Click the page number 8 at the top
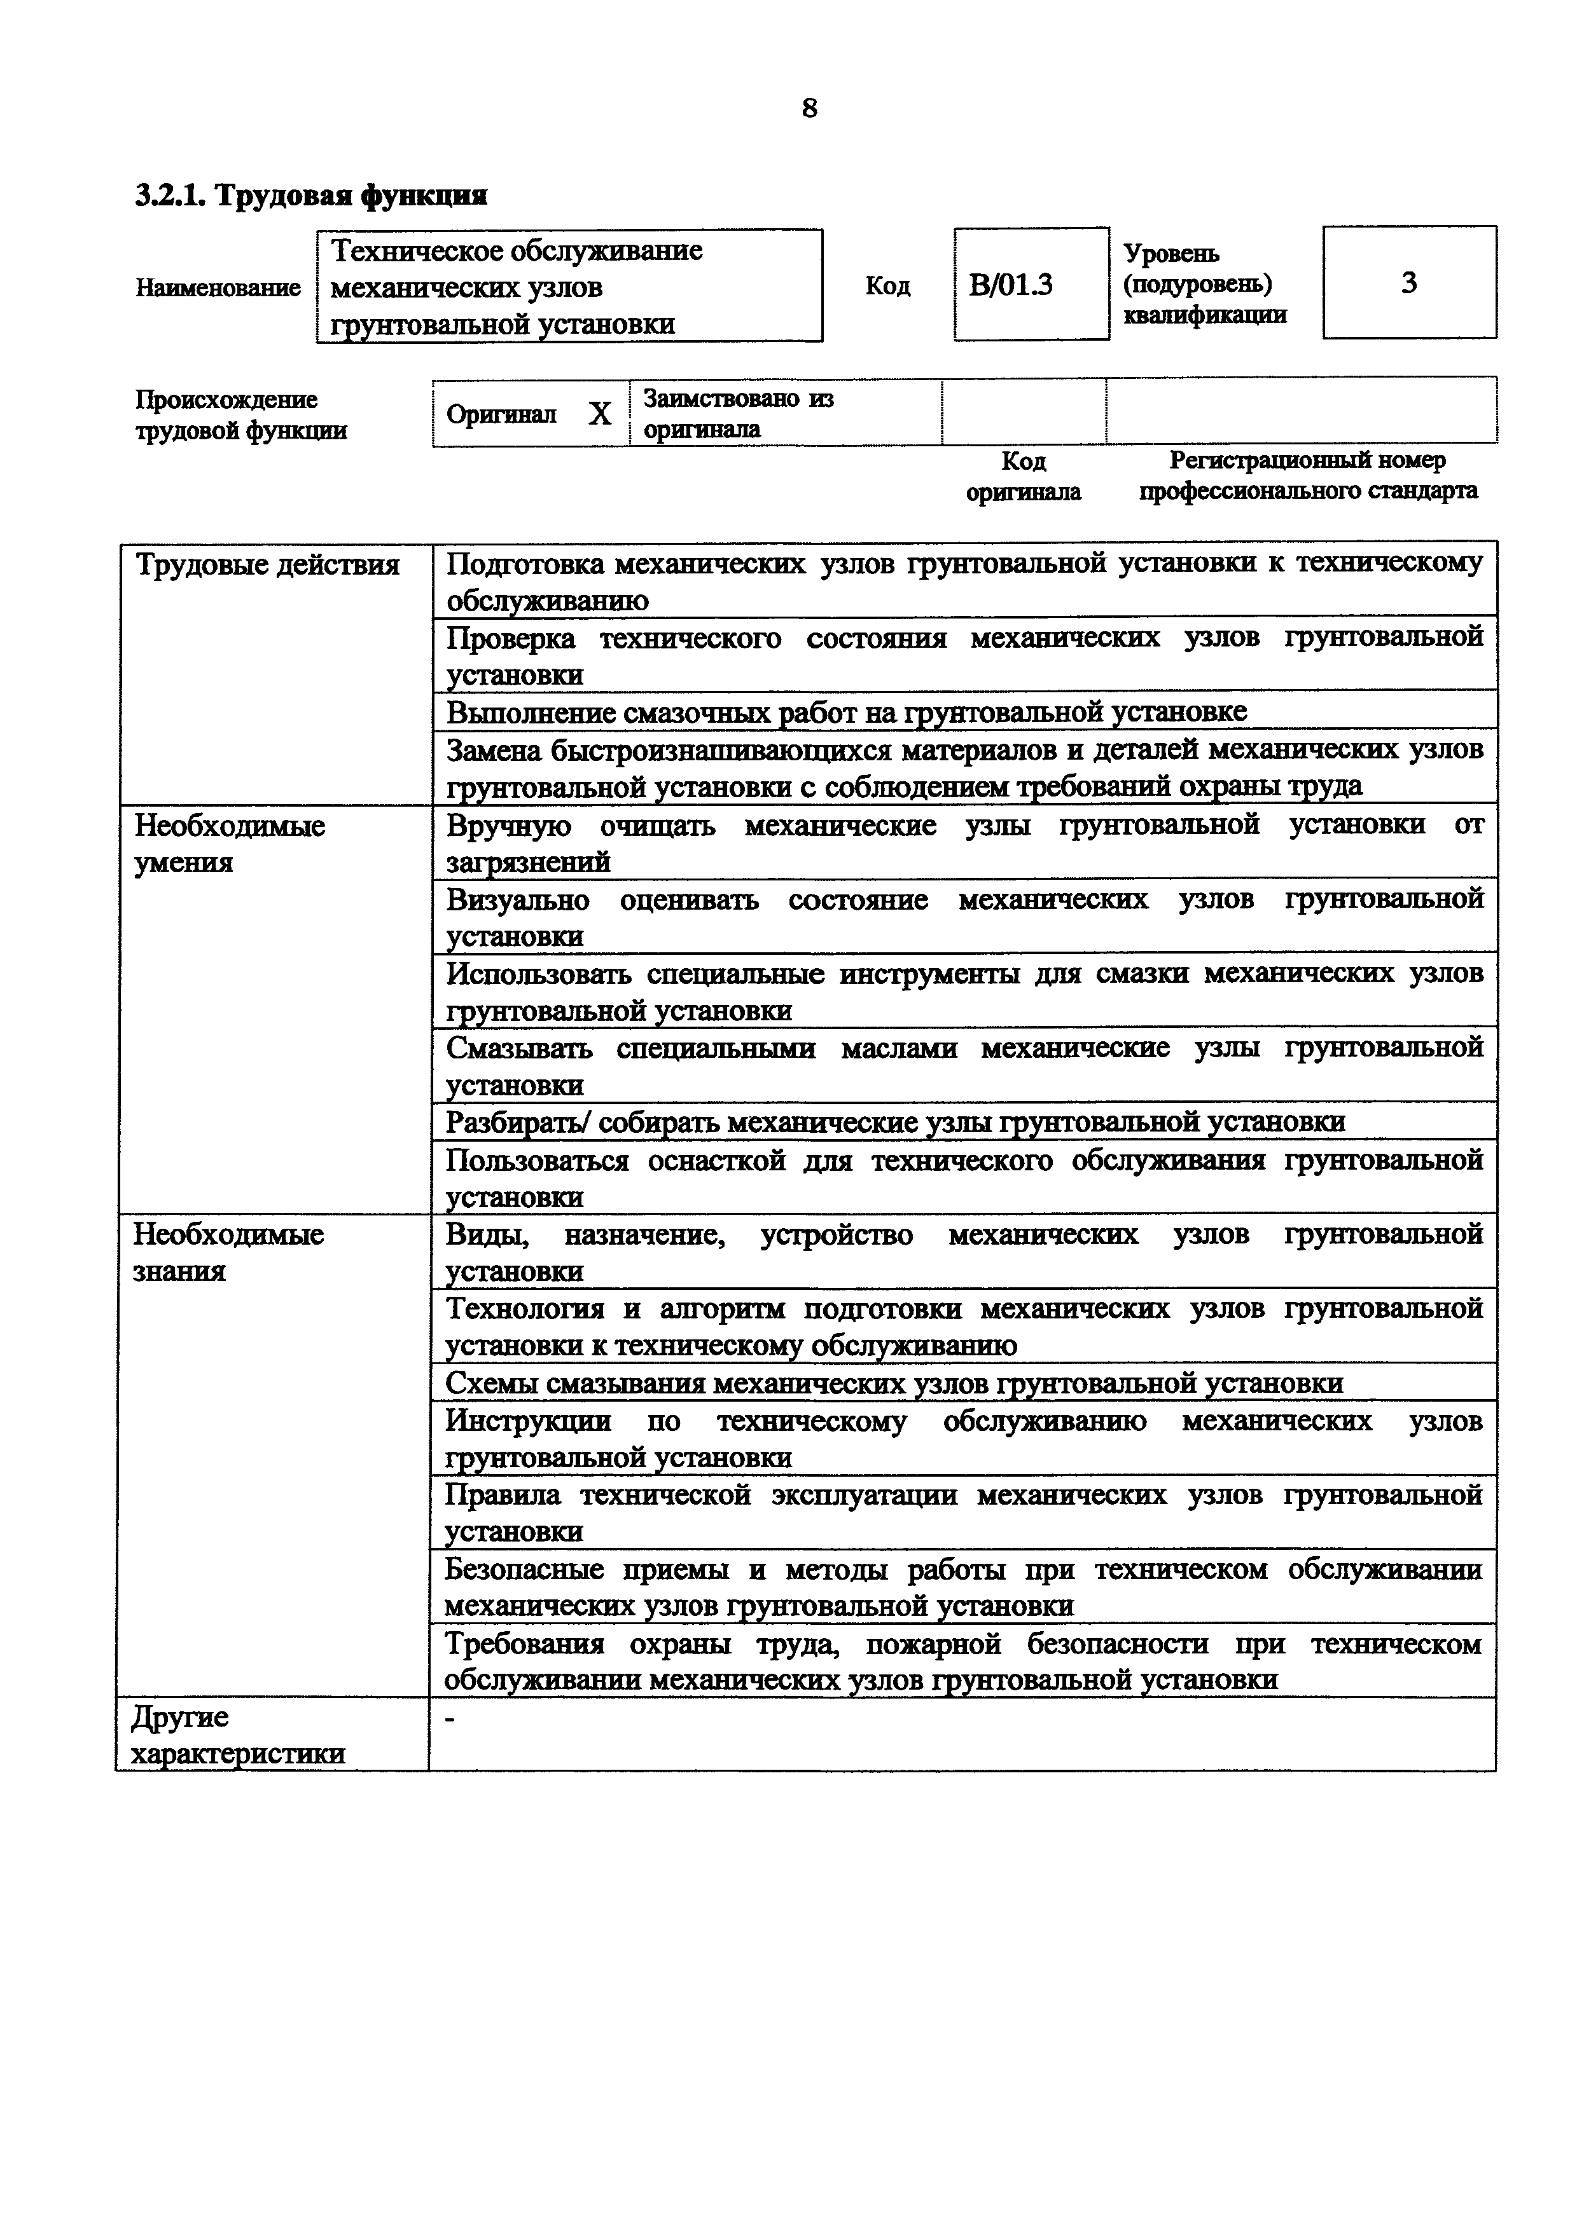(809, 108)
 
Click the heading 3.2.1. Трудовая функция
(311, 196)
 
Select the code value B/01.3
(1011, 285)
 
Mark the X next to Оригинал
(599, 414)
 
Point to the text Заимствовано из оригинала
(739, 414)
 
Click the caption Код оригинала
(1023, 476)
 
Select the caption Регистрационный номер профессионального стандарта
(1308, 476)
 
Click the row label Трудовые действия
(267, 565)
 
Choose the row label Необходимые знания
(228, 1252)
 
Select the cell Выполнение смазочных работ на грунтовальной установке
(845, 712)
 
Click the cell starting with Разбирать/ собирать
(894, 1123)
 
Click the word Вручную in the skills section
(508, 826)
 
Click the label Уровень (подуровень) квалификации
(1205, 284)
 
